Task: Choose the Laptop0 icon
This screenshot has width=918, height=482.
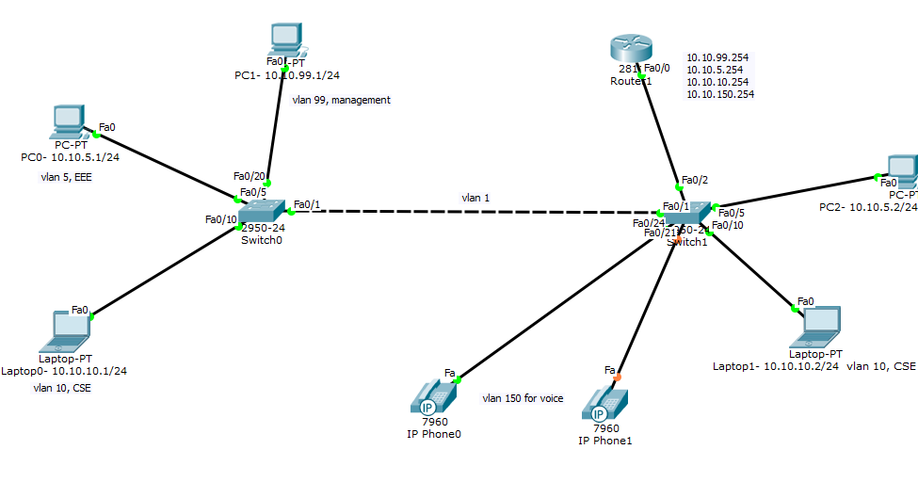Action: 70,327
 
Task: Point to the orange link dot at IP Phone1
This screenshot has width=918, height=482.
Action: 619,378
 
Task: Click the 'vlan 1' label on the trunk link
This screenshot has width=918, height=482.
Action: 475,198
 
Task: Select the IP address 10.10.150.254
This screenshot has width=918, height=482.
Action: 720,94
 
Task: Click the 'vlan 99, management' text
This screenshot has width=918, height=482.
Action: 341,100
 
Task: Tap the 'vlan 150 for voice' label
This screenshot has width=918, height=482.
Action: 523,398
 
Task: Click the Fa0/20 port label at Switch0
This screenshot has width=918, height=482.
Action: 249,176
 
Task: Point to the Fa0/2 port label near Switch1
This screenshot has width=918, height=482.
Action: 695,179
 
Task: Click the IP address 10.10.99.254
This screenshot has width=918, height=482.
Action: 717,57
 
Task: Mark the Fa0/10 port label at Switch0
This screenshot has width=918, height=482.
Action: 220,219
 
